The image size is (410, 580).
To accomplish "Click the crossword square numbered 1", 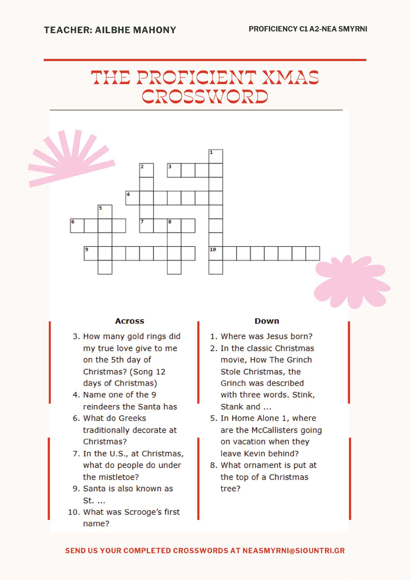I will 215,156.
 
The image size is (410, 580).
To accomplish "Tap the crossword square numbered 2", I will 146,170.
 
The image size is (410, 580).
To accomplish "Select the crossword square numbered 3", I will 174,170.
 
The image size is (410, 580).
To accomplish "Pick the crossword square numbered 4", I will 133,198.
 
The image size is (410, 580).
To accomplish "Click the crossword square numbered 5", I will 105,212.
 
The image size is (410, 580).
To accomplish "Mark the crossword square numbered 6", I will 77,226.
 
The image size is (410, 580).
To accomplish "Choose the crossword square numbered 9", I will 91,253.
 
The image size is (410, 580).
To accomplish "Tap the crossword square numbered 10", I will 215,253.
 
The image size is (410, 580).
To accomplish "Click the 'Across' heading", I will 129,321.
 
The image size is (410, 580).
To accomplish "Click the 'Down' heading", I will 267,321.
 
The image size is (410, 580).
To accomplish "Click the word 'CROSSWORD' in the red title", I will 205,97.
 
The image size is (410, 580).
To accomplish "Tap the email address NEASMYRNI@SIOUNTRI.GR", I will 293,550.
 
